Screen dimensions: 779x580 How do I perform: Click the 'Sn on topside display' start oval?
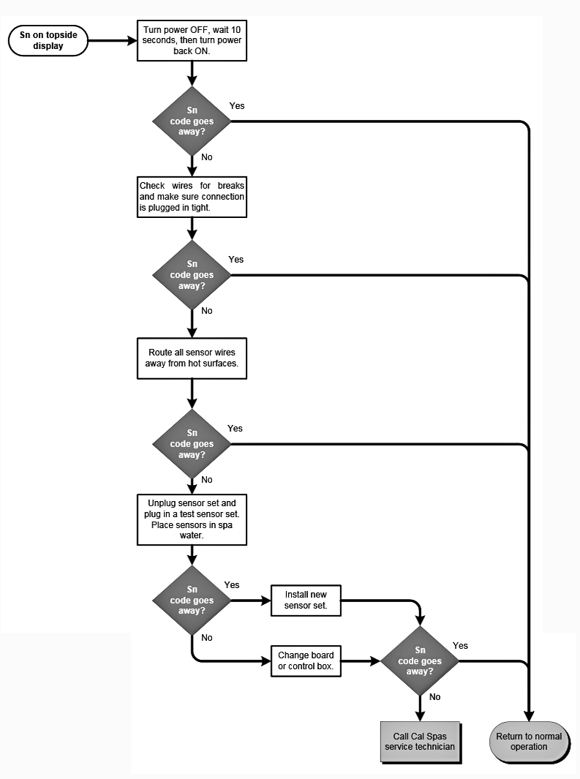pyautogui.click(x=48, y=41)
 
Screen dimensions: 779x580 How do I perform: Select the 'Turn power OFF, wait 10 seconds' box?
pyautogui.click(x=192, y=40)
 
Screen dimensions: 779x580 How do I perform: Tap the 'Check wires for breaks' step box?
pyautogui.click(x=192, y=197)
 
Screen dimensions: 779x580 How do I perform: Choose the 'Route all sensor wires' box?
pyautogui.click(x=192, y=358)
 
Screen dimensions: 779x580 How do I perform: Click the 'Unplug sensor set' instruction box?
pyautogui.click(x=192, y=519)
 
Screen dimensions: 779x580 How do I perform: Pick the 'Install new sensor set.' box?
pyautogui.click(x=305, y=601)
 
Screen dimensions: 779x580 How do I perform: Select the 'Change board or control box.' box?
pyautogui.click(x=305, y=661)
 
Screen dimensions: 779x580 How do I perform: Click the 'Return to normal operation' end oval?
pyautogui.click(x=529, y=742)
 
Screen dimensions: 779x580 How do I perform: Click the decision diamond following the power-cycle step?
pyautogui.click(x=192, y=121)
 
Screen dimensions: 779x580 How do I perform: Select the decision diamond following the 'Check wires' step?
pyautogui.click(x=192, y=275)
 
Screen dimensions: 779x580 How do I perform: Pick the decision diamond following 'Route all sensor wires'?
pyautogui.click(x=192, y=444)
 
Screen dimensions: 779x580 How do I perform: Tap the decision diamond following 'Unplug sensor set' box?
pyautogui.click(x=192, y=601)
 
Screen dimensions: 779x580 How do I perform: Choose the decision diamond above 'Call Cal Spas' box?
pyautogui.click(x=420, y=661)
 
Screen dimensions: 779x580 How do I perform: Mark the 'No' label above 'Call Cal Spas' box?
pyautogui.click(x=435, y=697)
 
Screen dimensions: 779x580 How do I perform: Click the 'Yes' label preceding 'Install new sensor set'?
pyautogui.click(x=232, y=585)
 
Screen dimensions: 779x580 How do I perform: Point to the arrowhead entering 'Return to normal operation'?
pyautogui.click(x=529, y=716)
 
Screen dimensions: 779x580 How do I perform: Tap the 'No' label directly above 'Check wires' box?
pyautogui.click(x=206, y=157)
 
